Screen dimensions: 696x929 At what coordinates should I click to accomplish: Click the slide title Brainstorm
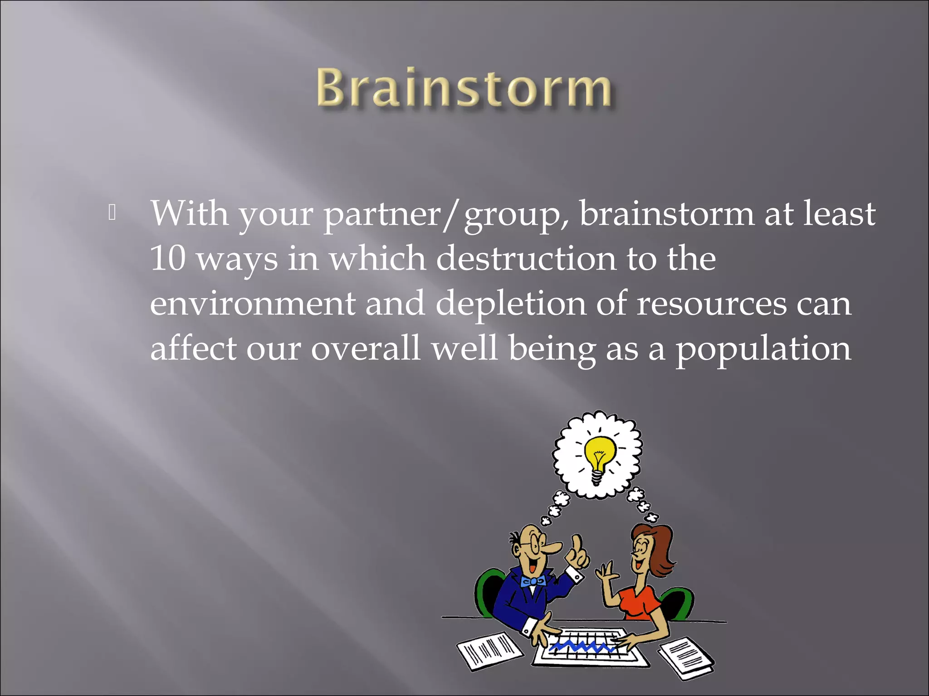(464, 88)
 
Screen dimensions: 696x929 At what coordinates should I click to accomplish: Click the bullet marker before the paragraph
(112, 213)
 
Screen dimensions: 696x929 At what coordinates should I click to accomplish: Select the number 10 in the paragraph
(167, 258)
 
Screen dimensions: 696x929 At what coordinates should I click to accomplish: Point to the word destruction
(526, 258)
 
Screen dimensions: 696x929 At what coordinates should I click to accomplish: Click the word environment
(252, 304)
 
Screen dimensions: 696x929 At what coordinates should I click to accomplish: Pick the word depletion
(511, 304)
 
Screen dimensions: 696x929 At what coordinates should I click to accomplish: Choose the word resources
(712, 304)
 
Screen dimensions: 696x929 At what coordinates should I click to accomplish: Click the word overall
(365, 349)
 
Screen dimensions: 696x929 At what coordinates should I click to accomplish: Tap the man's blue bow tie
(533, 581)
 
